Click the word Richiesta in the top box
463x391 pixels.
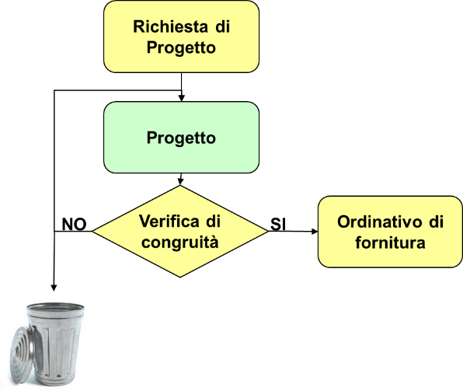coord(170,26)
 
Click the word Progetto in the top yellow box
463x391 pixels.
coord(181,48)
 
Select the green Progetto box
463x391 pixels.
coord(181,137)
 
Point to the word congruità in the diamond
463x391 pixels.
coord(180,243)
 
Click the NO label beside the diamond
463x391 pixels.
coord(74,225)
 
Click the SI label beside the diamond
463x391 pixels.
coord(278,225)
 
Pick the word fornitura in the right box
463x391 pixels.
coord(390,243)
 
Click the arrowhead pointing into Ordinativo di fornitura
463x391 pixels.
coord(315,232)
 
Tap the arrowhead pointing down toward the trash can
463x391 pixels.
coord(54,288)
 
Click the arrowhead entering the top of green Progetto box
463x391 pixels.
coord(182,98)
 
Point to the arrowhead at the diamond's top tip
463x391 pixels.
coord(180,182)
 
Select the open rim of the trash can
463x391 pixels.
coord(55,308)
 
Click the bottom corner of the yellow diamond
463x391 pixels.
coord(179,278)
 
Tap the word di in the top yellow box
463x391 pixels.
coord(223,26)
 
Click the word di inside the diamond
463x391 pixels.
coord(213,222)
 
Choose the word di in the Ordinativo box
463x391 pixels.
coord(436,222)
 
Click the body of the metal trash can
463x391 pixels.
coord(54,346)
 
